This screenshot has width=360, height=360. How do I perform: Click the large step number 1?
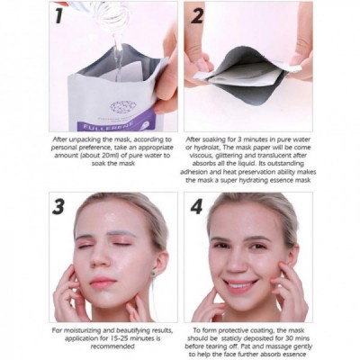tap(58, 15)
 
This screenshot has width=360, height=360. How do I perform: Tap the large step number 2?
tap(197, 15)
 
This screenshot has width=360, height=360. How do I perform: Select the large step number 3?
tap(58, 206)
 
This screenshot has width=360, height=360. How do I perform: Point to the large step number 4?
tap(197, 206)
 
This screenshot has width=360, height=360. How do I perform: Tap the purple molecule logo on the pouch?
tap(123, 106)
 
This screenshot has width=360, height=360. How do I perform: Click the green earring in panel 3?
tap(153, 274)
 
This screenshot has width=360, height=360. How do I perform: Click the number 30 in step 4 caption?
tap(287, 338)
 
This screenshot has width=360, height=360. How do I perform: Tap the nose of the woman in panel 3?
tap(101, 260)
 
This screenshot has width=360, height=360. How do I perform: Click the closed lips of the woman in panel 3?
tap(103, 282)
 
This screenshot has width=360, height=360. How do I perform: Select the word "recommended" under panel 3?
tap(112, 346)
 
